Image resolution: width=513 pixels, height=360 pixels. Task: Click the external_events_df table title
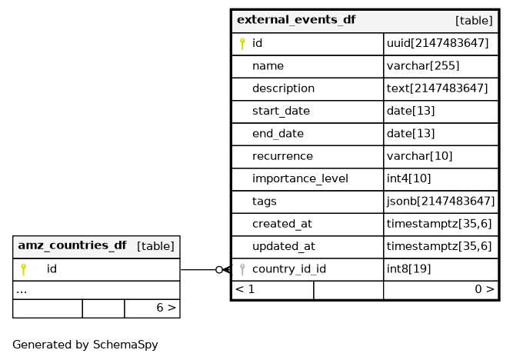[296, 20]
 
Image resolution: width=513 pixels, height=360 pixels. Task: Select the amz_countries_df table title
[72, 246]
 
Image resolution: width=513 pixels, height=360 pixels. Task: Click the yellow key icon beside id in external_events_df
[242, 44]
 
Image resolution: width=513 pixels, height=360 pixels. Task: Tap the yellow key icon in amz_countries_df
[23, 269]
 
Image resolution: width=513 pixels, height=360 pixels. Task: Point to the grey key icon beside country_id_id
[242, 269]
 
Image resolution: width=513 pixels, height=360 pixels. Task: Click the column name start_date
[281, 112]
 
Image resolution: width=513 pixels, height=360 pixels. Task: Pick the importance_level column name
[300, 179]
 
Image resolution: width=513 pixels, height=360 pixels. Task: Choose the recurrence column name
[282, 156]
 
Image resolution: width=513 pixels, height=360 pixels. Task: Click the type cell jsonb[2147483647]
[440, 202]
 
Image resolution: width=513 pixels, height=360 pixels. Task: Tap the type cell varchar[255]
[424, 66]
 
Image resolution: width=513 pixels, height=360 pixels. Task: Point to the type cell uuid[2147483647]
[437, 44]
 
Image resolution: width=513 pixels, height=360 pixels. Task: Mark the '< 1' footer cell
[245, 290]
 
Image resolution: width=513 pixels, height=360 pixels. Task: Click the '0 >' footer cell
[484, 290]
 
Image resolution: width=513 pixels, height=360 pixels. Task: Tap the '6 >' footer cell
[166, 308]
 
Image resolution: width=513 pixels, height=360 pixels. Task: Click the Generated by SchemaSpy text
[85, 345]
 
